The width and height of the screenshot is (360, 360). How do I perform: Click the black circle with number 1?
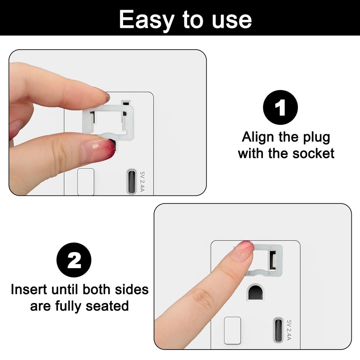[281, 107]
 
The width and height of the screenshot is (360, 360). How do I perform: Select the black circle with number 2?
[75, 261]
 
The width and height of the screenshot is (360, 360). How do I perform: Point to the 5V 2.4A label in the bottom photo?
[289, 330]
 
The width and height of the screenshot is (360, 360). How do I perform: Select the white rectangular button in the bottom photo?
[232, 330]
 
